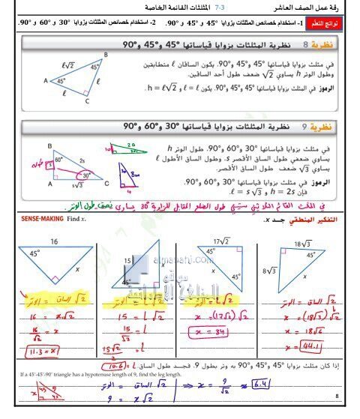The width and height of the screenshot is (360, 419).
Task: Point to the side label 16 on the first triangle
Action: [x=53, y=242]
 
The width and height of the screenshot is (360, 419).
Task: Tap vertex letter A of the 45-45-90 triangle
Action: [x=46, y=79]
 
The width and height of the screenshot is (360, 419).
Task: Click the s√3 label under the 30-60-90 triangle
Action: [x=75, y=185]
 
